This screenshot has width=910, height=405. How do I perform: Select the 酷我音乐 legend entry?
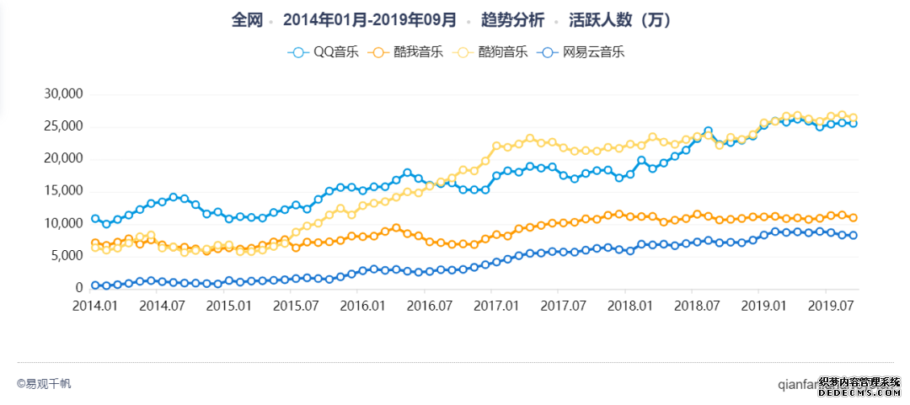[408, 52]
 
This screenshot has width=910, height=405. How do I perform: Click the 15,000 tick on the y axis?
[62, 191]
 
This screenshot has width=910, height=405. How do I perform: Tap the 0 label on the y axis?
[78, 288]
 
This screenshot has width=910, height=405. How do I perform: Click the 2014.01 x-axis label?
[95, 305]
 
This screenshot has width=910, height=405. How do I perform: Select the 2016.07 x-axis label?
[428, 305]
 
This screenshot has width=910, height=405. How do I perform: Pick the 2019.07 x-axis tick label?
[827, 305]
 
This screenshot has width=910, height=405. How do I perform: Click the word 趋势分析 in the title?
[512, 19]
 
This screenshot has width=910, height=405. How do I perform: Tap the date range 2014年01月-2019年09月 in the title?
[370, 19]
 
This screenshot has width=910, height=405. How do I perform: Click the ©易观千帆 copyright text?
[44, 384]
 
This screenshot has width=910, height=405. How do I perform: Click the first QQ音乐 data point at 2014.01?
[95, 219]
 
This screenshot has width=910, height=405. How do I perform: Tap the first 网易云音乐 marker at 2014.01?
[95, 286]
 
